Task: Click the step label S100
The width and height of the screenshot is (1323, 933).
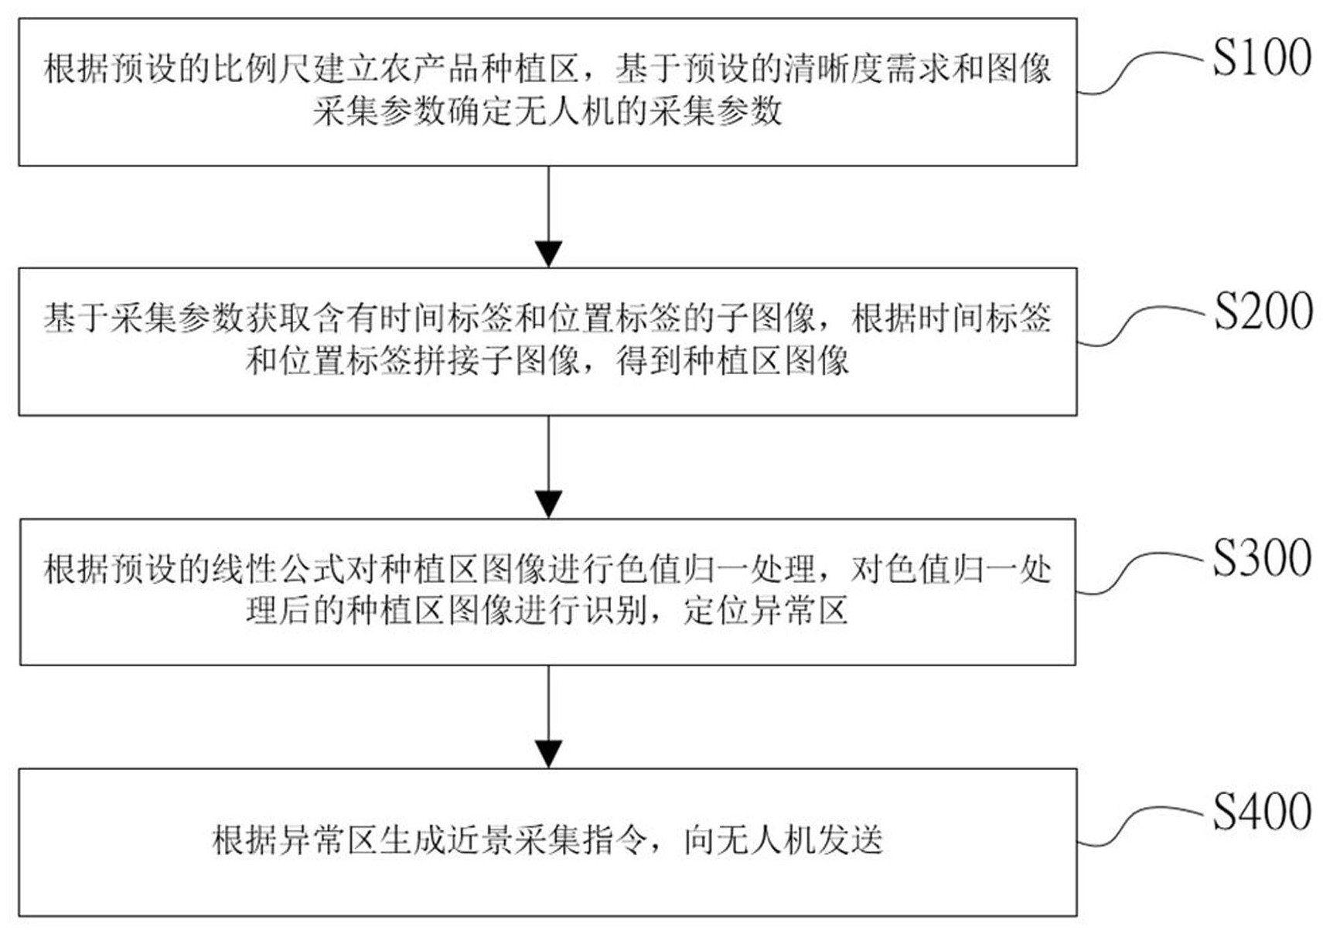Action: click(x=1261, y=58)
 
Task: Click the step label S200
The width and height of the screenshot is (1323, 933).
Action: click(x=1261, y=311)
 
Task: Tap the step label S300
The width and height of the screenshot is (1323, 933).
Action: click(x=1261, y=558)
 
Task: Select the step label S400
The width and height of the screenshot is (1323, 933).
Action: click(x=1261, y=811)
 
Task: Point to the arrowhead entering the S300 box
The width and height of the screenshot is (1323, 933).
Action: click(x=548, y=504)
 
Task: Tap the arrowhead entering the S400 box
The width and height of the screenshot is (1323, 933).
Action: click(x=548, y=754)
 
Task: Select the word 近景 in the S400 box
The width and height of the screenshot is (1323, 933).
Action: click(x=480, y=839)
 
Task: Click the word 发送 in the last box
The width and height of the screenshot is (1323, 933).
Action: click(x=850, y=839)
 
